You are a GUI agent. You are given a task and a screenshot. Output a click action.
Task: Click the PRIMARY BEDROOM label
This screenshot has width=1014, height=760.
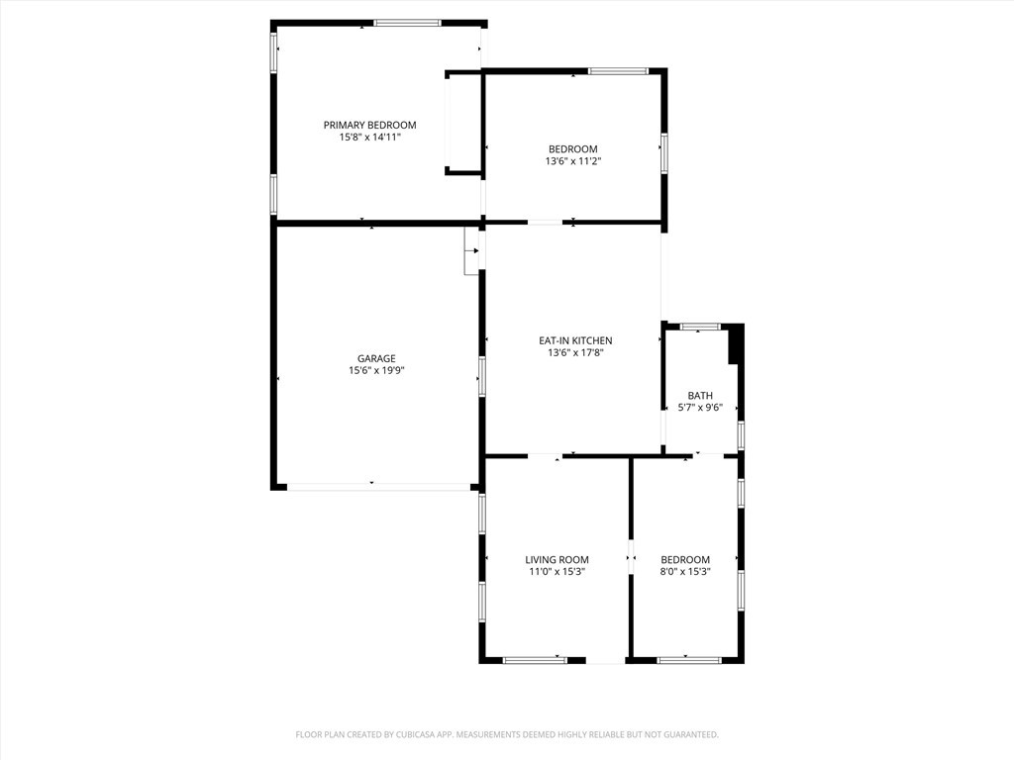click(x=369, y=125)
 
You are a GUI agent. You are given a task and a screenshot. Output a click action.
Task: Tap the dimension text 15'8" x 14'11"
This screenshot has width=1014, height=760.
click(x=369, y=138)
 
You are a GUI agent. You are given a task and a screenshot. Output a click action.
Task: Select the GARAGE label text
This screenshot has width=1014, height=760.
click(x=376, y=358)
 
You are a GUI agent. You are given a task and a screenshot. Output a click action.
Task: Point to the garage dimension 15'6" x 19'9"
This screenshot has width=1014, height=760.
click(x=376, y=371)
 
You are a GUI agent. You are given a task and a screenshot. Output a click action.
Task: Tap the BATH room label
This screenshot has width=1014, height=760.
click(x=700, y=396)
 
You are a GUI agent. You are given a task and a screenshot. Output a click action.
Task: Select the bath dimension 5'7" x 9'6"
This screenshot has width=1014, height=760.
click(x=700, y=408)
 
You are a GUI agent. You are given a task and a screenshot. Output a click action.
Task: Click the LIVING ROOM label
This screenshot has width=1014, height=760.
click(x=557, y=560)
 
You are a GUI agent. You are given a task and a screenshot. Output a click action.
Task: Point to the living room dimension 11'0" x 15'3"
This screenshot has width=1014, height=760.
click(x=557, y=572)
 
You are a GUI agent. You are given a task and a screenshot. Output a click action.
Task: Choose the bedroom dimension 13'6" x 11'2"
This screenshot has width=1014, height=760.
click(x=573, y=161)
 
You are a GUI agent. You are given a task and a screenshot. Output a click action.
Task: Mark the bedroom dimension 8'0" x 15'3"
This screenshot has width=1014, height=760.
click(x=685, y=572)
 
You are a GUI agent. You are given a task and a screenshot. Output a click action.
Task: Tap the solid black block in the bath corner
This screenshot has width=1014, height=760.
click(x=735, y=346)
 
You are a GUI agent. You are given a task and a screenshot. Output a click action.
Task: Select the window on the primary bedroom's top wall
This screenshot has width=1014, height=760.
click(x=407, y=23)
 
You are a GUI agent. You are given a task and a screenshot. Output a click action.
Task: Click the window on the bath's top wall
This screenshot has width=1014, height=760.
click(x=700, y=327)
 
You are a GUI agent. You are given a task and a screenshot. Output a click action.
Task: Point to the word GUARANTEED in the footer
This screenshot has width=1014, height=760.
click(x=689, y=734)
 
